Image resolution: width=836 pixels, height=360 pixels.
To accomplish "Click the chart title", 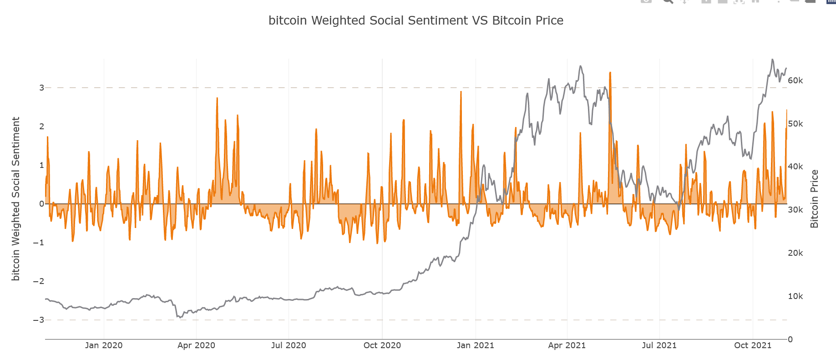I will point(415,20).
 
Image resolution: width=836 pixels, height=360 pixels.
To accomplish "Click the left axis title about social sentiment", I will point(16,198).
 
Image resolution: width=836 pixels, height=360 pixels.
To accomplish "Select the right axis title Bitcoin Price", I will point(815,198).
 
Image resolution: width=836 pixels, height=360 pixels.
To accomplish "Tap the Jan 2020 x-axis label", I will point(104,345).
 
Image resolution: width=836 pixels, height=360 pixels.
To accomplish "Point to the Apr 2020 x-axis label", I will point(196,345).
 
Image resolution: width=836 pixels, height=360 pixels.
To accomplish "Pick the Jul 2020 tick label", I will point(289,345).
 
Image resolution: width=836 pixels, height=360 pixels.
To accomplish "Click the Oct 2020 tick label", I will point(382,345).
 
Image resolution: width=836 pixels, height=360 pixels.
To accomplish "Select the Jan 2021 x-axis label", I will point(476,345).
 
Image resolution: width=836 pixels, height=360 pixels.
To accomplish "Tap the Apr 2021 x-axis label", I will point(567,345).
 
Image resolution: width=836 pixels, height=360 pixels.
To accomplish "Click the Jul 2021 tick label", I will point(659,345).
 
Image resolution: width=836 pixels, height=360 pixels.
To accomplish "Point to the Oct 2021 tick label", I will point(753,345).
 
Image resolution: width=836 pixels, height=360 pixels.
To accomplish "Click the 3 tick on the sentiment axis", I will point(41,88).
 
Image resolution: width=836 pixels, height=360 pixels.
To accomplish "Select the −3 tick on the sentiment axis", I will point(39,320).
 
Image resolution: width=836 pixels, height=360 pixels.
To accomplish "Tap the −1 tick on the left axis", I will point(39,243).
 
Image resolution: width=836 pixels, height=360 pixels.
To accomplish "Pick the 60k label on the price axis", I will point(795,81).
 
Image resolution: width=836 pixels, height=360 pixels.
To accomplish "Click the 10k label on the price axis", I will point(795,296).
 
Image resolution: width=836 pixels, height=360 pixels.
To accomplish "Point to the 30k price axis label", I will point(795,210).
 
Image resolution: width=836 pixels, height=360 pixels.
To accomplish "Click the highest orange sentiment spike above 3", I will point(610,73).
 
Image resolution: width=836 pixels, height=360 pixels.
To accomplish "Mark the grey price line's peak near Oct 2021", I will point(772,60).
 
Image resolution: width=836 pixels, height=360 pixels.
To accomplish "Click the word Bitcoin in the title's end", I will point(509,20).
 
